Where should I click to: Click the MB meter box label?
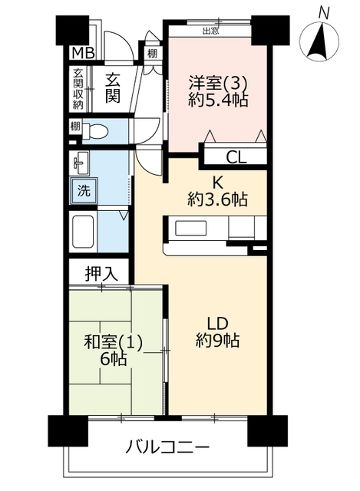[x=83, y=53]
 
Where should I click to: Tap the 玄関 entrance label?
[x=113, y=87]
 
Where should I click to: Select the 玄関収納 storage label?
[x=78, y=89]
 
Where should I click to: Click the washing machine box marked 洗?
[x=84, y=191]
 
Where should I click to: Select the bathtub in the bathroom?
[x=84, y=231]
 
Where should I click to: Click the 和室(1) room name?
[x=114, y=342]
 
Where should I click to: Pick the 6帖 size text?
[x=114, y=359]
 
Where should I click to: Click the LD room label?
[x=217, y=324]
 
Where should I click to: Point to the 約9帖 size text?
[x=217, y=341]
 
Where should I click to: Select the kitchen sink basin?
[x=190, y=228]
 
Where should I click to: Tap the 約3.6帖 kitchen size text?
[x=217, y=199]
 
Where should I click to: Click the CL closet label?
[x=236, y=157]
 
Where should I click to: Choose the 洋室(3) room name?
[x=218, y=83]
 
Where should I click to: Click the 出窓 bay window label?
[x=210, y=31]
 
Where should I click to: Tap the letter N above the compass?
[x=324, y=14]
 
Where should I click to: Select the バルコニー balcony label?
[x=167, y=447]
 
